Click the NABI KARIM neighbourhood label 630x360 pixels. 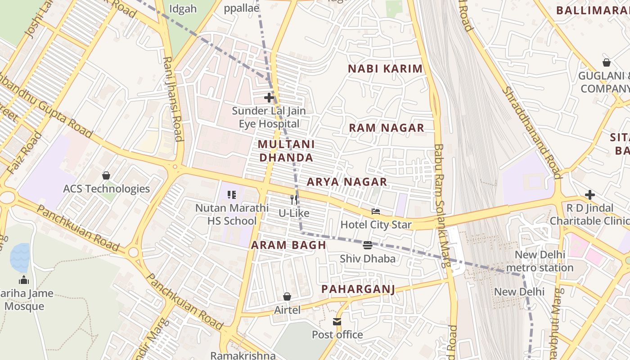[x=386, y=69]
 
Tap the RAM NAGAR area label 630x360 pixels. [x=387, y=128]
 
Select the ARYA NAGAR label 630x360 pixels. [x=346, y=182]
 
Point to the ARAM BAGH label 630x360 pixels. [x=288, y=245]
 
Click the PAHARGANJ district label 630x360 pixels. [x=358, y=289]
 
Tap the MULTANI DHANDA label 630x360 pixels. [x=286, y=151]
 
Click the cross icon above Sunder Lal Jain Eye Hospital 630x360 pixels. [x=269, y=97]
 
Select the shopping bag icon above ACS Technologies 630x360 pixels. [x=106, y=175]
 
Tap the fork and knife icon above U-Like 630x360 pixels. [x=293, y=199]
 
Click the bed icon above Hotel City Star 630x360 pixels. [x=376, y=211]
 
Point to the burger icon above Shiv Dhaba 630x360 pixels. [x=368, y=245]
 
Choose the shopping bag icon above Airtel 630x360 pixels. [x=287, y=297]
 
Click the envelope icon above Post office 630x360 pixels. [x=337, y=321]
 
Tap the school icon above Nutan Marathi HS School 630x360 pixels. [x=232, y=195]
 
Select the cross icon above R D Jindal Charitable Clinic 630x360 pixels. [x=589, y=195]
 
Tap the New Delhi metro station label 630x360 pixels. [x=544, y=261]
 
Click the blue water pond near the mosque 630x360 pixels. [x=20, y=257]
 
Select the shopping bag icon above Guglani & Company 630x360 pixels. [x=606, y=63]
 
